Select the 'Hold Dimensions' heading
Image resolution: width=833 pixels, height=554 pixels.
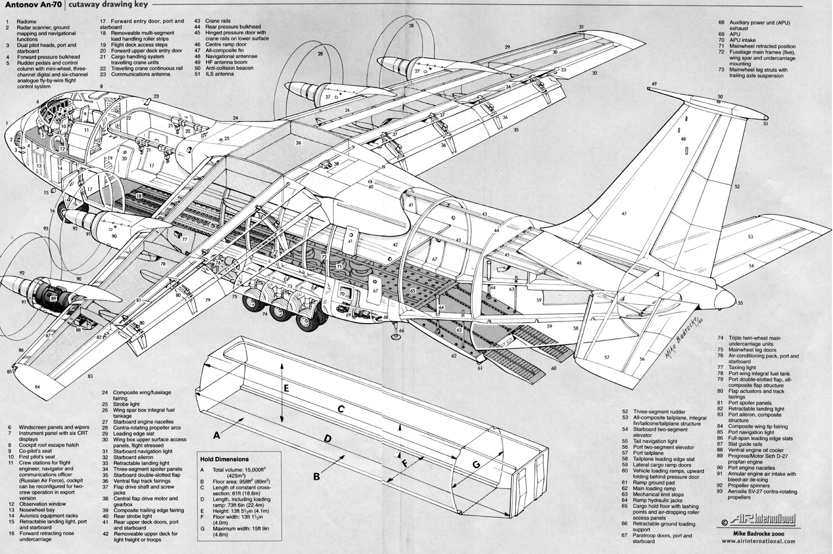click(224, 459)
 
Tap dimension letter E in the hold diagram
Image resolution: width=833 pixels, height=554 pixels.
click(285, 389)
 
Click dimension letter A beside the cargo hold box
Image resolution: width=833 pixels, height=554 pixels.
click(217, 436)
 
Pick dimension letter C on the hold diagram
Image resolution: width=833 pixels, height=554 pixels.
click(342, 409)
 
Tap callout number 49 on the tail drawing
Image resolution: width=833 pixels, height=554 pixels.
click(654, 84)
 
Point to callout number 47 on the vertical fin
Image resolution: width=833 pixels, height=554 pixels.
click(624, 214)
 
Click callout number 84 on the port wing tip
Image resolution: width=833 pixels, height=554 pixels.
click(37, 386)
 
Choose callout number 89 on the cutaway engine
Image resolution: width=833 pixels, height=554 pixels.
click(53, 298)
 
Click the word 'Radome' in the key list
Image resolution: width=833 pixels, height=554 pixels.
click(26, 22)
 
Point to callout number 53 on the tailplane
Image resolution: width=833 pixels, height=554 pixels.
click(750, 236)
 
